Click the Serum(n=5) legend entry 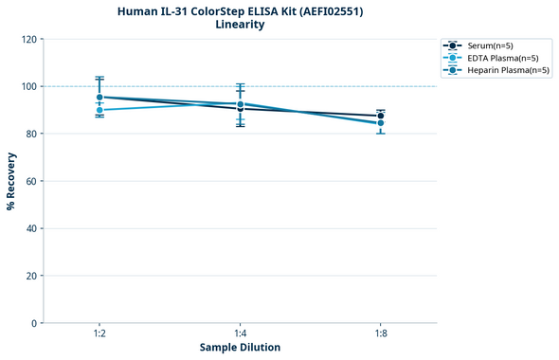[x=491, y=45]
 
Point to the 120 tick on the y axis [x=28, y=39]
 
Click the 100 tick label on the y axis [x=28, y=86]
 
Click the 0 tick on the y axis [x=34, y=323]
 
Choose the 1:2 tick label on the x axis [x=99, y=333]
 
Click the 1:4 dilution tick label [x=240, y=333]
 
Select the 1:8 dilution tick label [x=381, y=333]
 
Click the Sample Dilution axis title [x=240, y=348]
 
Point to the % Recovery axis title [x=11, y=181]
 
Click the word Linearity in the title [x=240, y=25]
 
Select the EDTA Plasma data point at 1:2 [x=99, y=110]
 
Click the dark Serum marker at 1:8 [x=381, y=116]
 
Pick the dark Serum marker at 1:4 [x=240, y=109]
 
